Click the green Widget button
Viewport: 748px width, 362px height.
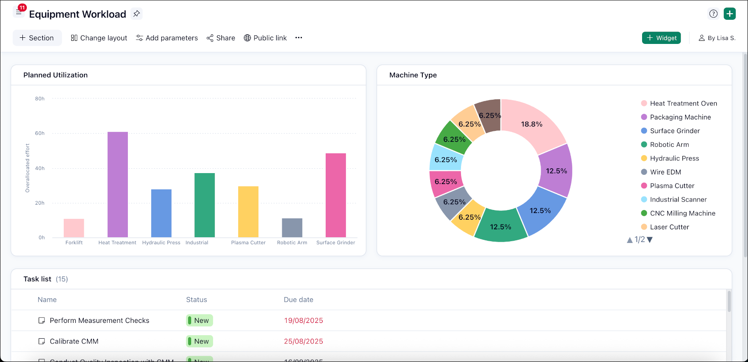(x=661, y=38)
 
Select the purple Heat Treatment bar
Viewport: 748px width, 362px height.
(x=118, y=185)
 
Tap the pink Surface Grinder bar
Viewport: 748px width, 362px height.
(x=336, y=195)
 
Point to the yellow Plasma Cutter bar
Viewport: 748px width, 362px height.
(x=248, y=212)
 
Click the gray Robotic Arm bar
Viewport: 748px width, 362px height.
(x=292, y=228)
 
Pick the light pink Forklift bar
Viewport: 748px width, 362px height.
(x=74, y=228)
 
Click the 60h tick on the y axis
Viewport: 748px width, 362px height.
(x=40, y=134)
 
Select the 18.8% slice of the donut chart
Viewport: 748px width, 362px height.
(x=532, y=124)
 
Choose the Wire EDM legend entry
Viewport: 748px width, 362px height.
(x=665, y=172)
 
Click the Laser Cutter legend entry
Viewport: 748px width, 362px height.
(x=669, y=227)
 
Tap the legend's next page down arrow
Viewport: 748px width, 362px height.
(x=650, y=240)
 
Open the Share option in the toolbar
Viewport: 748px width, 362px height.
(x=221, y=38)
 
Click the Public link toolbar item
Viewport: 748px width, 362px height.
(x=265, y=38)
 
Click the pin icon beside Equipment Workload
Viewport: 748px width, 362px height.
(x=137, y=14)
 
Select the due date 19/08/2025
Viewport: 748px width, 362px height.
(x=304, y=321)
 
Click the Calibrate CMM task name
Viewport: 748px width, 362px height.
(x=74, y=341)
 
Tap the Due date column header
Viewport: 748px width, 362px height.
(x=298, y=300)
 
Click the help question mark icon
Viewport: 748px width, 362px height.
(x=713, y=14)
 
